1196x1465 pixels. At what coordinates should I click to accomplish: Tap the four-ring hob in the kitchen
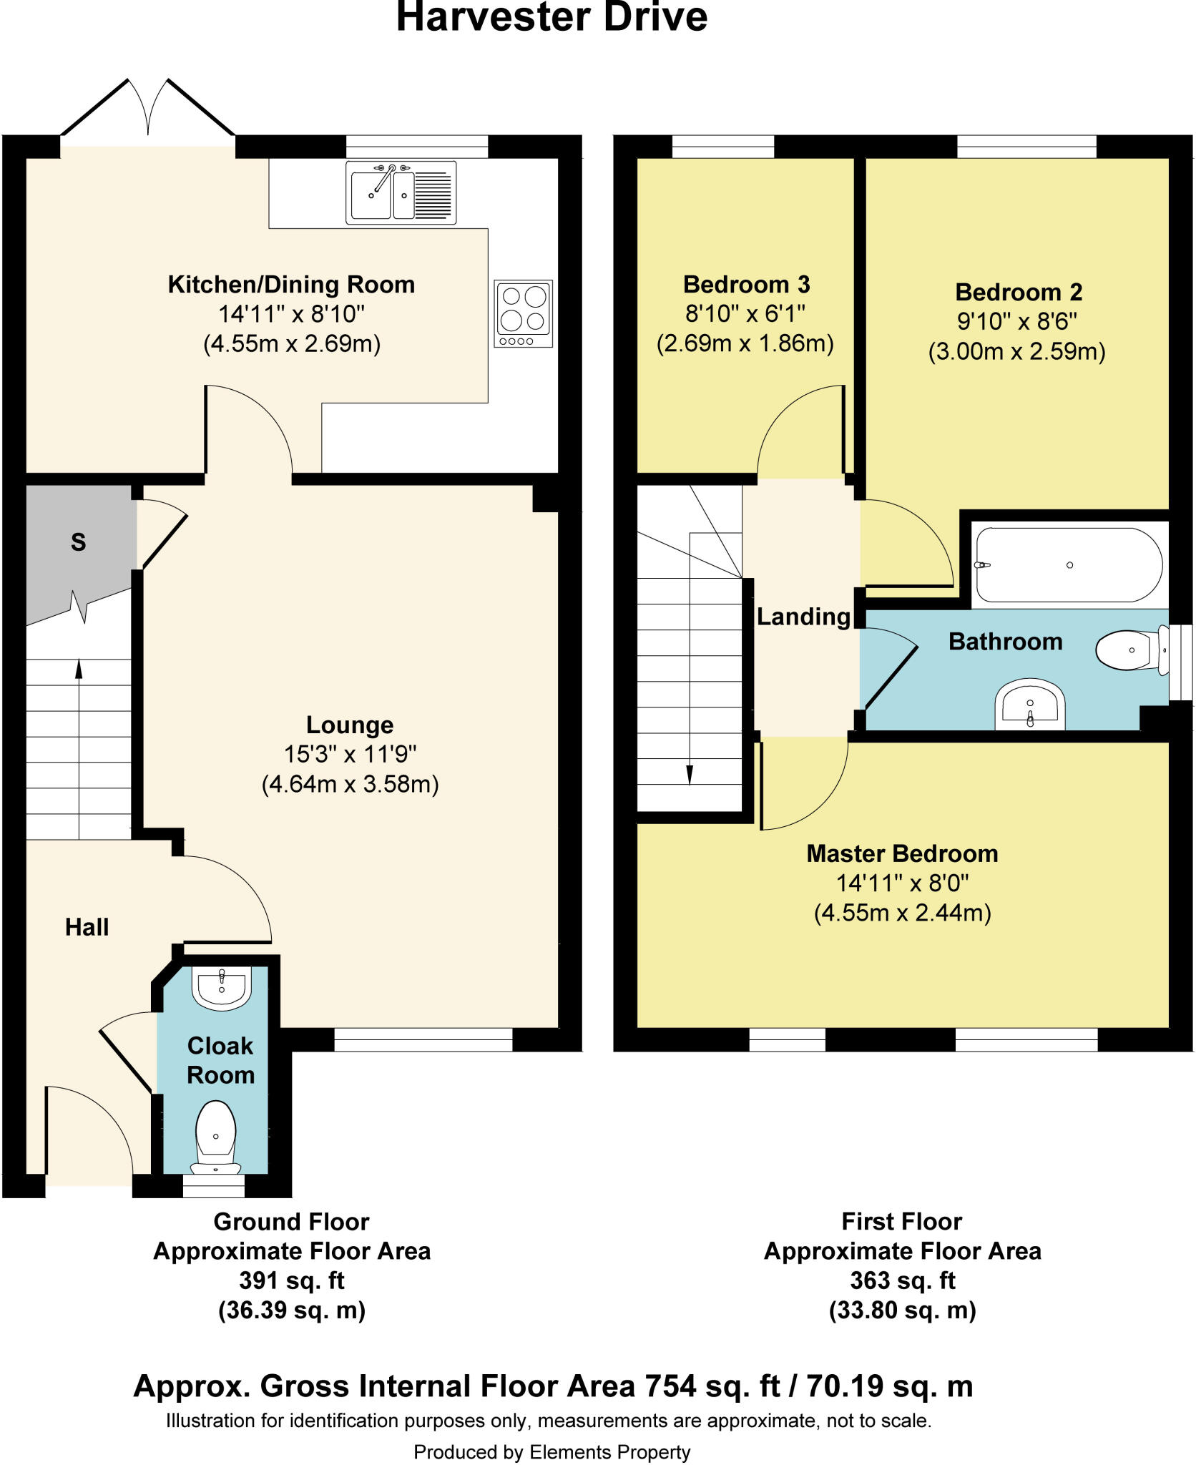tap(523, 313)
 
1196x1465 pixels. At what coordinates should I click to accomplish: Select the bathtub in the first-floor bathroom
tap(1069, 565)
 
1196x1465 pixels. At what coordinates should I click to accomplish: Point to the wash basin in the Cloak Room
tap(222, 987)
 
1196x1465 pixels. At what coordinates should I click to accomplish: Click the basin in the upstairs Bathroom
tap(1030, 706)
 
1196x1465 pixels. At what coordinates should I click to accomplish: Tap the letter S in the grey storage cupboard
tap(79, 542)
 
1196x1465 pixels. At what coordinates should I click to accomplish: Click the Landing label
tap(803, 617)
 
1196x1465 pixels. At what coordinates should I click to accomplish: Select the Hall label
tap(87, 927)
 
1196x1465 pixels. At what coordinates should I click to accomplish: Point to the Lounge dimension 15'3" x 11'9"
tap(350, 754)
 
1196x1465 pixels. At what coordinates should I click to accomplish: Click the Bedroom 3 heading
tap(746, 284)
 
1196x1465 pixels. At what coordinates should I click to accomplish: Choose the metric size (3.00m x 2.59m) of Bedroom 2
tap(1016, 351)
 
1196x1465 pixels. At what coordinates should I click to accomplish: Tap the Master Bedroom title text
tap(902, 853)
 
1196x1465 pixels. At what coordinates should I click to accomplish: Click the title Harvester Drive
tap(552, 18)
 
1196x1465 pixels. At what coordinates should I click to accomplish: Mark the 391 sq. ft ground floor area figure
tap(292, 1280)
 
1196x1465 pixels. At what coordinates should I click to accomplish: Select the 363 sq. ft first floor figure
tap(902, 1280)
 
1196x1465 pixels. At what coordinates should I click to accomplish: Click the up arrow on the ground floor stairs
tap(79, 669)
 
